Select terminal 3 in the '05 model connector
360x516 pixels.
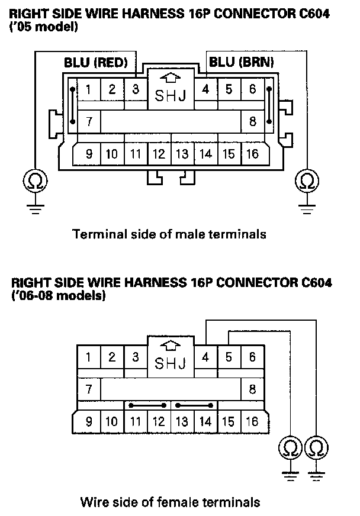point(135,90)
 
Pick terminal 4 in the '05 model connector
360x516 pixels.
point(205,90)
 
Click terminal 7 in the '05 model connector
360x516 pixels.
point(89,122)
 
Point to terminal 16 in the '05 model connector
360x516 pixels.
point(252,154)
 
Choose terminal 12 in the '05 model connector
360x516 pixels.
point(159,154)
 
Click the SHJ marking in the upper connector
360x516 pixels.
point(170,96)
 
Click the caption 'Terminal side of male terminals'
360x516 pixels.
point(169,234)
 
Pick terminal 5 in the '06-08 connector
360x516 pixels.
point(229,357)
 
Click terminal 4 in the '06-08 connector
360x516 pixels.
point(205,357)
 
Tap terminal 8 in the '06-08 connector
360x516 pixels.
point(252,389)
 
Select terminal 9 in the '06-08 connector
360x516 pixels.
point(89,422)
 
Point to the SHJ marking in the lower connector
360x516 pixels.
point(170,363)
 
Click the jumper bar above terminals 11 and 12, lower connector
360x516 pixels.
point(147,406)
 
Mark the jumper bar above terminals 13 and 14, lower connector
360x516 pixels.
point(194,406)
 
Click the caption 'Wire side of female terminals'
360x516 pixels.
point(170,502)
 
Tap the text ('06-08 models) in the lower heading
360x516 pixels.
point(59,296)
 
